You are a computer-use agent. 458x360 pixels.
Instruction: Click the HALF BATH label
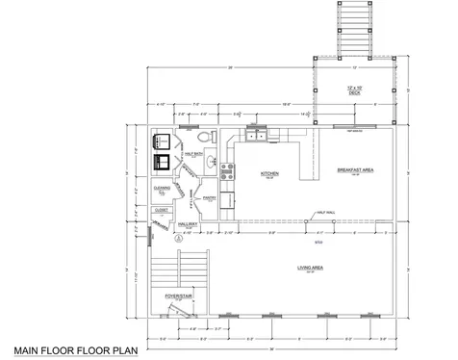pos(191,153)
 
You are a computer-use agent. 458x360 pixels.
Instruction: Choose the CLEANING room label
pos(163,189)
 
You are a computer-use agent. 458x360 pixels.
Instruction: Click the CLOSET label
pos(162,209)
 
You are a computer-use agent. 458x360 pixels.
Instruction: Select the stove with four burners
pos(227,173)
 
